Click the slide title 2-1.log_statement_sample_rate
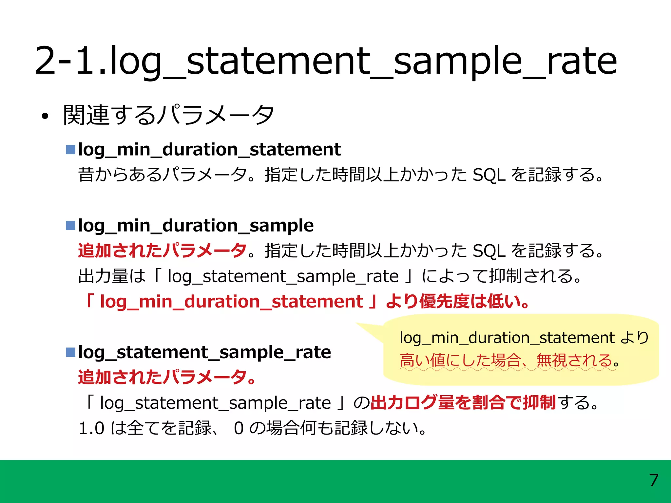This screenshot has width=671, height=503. tap(326, 61)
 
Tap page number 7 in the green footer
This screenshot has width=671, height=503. tap(654, 480)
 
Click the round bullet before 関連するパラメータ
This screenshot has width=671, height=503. tap(45, 116)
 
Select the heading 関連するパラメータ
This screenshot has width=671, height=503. tap(168, 115)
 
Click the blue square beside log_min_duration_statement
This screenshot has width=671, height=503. tap(70, 150)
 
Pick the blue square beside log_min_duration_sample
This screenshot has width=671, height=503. tap(70, 226)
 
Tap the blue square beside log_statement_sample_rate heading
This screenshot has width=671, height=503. tap(70, 352)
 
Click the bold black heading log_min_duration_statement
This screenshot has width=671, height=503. tap(209, 150)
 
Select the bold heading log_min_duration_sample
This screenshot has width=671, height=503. tap(196, 226)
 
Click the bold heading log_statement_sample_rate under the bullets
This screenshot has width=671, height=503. tap(204, 352)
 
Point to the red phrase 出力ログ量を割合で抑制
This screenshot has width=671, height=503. tap(463, 402)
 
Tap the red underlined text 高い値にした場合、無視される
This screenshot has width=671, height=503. tap(506, 360)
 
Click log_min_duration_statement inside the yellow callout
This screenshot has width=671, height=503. tap(507, 338)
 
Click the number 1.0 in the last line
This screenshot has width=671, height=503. tap(91, 428)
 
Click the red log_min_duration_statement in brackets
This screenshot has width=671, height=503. tap(231, 301)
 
